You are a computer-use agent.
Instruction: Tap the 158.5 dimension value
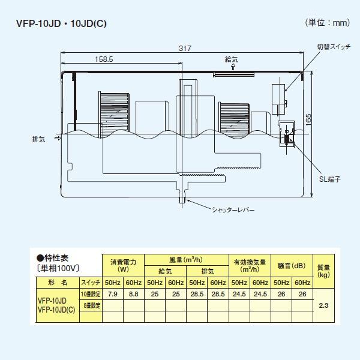coord(103,59)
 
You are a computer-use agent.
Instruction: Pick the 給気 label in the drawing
coord(232,60)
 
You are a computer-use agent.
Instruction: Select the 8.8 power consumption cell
coord(134,294)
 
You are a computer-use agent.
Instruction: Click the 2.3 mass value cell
coord(324,305)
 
